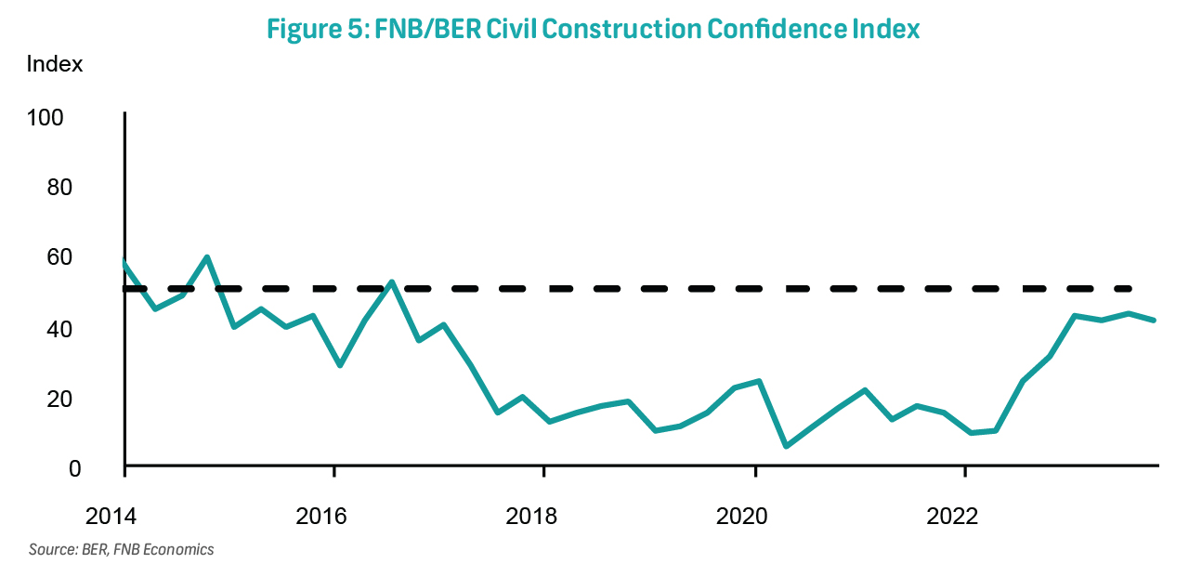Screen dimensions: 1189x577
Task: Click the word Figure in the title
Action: click(304, 30)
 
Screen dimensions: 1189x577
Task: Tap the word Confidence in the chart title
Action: click(776, 29)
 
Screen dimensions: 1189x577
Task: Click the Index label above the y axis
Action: click(55, 64)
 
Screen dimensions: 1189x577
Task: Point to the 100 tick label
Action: click(46, 118)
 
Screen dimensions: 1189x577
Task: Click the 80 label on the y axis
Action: click(59, 188)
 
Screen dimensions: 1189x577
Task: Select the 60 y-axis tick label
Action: click(59, 257)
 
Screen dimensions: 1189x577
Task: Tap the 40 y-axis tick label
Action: click(59, 330)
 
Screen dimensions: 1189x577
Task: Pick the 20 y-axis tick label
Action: click(59, 400)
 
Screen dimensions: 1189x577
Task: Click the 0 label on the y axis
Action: click(75, 469)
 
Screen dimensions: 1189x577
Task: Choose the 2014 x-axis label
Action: click(111, 517)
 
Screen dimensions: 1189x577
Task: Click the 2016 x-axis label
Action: click(321, 517)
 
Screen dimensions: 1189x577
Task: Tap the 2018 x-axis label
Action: click(531, 517)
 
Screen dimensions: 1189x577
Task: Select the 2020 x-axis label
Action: click(741, 517)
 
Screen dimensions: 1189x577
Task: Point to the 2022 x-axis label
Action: click(952, 517)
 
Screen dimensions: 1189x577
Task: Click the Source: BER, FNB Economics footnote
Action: click(121, 549)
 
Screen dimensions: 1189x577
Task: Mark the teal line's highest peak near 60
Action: click(207, 257)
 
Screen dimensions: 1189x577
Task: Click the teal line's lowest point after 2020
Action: click(786, 446)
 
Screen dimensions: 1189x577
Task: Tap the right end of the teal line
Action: click(1154, 320)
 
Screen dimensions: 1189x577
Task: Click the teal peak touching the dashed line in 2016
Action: click(392, 282)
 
